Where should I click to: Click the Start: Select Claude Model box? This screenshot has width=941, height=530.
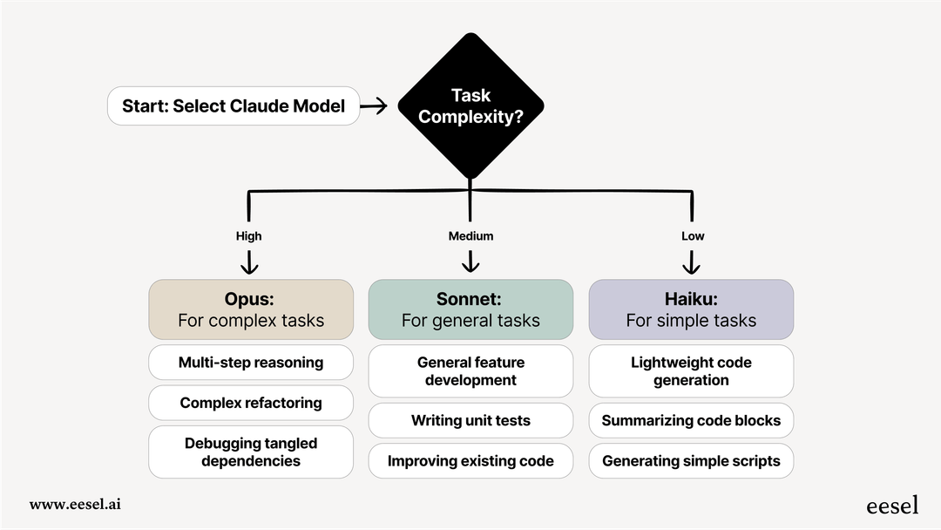(x=234, y=106)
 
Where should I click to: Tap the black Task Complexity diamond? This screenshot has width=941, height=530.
(x=470, y=106)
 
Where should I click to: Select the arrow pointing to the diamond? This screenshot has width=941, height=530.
(x=374, y=106)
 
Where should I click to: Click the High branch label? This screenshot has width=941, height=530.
(x=248, y=236)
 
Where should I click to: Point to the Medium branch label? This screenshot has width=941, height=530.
(x=470, y=236)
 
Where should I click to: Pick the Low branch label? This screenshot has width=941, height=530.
(x=693, y=236)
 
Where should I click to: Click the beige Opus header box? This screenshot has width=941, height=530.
(x=251, y=309)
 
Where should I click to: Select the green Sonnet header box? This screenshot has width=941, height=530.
(x=470, y=309)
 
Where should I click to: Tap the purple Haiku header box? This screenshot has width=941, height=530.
(x=691, y=309)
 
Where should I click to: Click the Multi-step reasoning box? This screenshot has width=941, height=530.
(x=251, y=363)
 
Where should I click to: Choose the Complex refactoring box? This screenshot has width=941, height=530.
(x=251, y=403)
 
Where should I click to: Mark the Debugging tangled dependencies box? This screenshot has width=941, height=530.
(x=251, y=452)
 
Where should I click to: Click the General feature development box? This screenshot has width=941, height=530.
(x=470, y=371)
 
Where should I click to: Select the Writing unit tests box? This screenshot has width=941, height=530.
(x=470, y=420)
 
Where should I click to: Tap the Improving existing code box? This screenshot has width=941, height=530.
(x=470, y=461)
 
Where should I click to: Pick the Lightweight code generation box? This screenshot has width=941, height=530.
(x=691, y=371)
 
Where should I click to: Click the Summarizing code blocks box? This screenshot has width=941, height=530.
(x=691, y=420)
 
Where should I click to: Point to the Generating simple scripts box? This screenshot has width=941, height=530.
(x=691, y=461)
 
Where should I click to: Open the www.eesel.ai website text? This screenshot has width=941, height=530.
(x=75, y=504)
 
